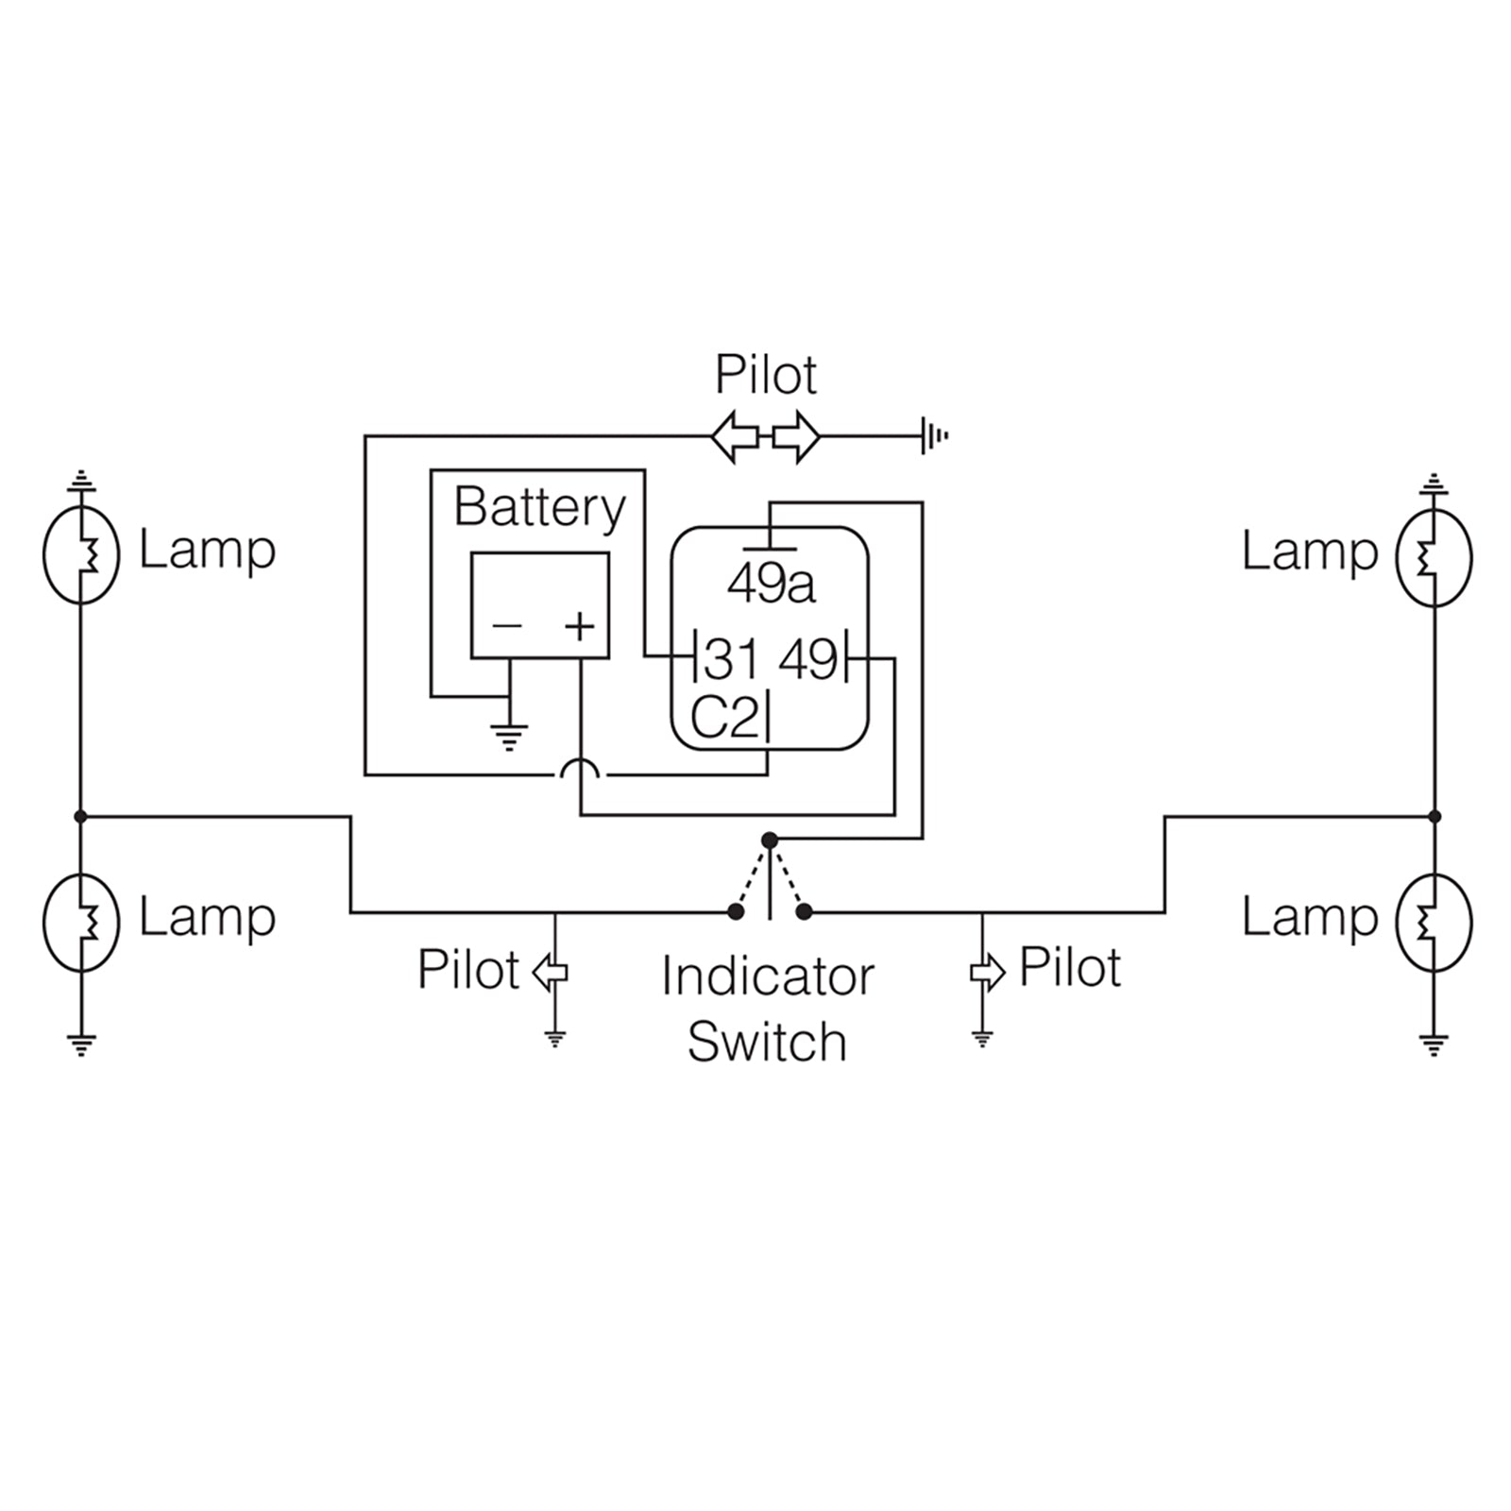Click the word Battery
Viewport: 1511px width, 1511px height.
pos(539,508)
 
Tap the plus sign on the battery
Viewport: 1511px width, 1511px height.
pos(580,625)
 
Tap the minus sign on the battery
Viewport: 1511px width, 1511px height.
pos(507,625)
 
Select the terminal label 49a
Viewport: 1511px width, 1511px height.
pos(771,585)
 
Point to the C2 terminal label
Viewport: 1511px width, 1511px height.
pos(724,719)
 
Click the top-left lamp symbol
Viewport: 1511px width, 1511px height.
pos(81,555)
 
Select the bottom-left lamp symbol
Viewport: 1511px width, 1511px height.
pos(81,922)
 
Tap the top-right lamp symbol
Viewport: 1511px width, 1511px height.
pos(1434,557)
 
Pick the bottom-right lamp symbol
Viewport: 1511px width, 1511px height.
pos(1434,922)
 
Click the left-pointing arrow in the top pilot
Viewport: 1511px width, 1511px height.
pos(735,436)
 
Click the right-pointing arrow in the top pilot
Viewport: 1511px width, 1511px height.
pos(797,436)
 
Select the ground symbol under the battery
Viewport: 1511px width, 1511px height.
pos(509,735)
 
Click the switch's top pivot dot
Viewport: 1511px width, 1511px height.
pos(770,840)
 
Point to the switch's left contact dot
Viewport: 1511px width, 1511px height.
pos(735,911)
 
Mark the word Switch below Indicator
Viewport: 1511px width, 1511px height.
pos(767,1043)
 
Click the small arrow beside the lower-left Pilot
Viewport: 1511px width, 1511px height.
pos(551,972)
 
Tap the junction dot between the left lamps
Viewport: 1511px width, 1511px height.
pos(81,816)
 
